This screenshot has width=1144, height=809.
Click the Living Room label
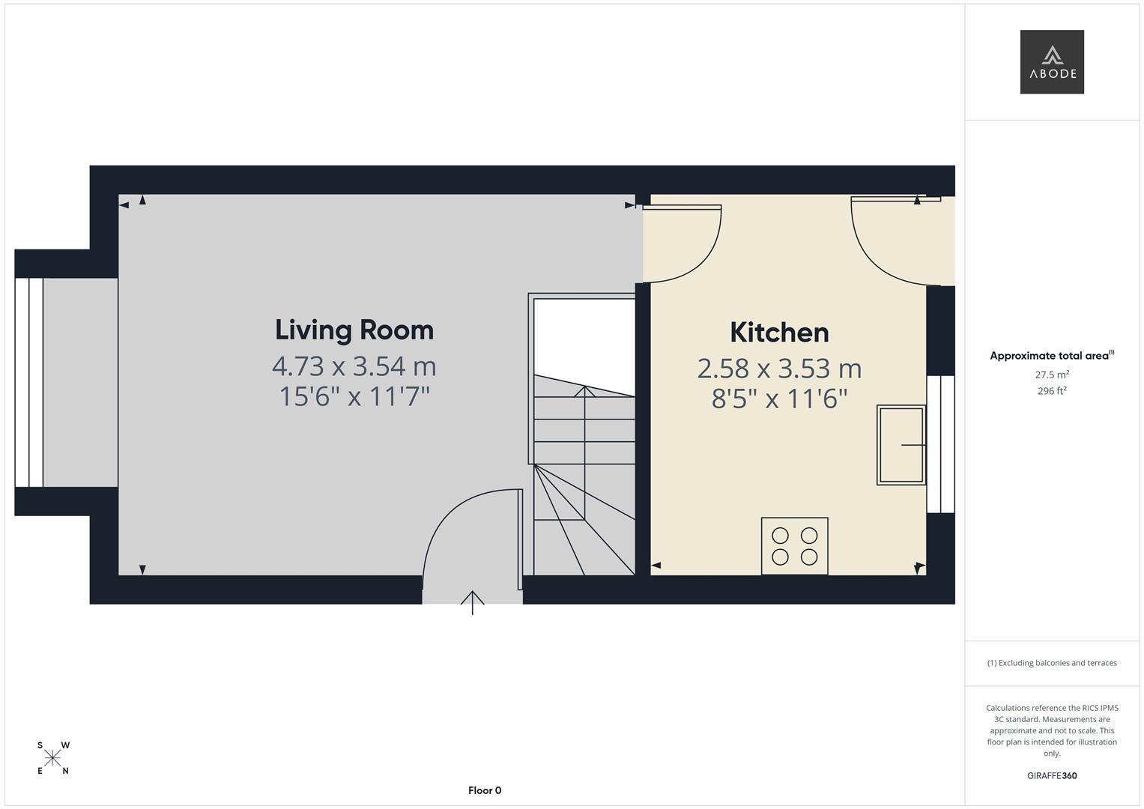click(x=354, y=330)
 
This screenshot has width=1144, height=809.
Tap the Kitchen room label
click(x=779, y=333)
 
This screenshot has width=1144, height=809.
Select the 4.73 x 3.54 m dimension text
click(x=354, y=366)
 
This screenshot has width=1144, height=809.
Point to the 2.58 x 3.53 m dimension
click(x=779, y=369)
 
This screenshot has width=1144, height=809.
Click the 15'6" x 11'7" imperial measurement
click(x=354, y=396)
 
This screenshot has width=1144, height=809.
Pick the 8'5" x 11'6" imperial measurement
click(x=779, y=399)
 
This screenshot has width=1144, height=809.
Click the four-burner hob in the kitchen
click(x=795, y=546)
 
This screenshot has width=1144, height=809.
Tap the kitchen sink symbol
click(x=901, y=445)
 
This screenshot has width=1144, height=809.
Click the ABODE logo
click(x=1052, y=61)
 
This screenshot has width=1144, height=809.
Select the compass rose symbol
click(x=52, y=758)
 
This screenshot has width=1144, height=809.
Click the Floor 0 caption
click(x=485, y=790)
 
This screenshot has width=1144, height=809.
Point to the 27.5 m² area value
click(x=1052, y=375)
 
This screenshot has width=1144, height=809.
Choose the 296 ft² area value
click(x=1052, y=391)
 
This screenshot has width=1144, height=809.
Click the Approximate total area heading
click(x=1052, y=356)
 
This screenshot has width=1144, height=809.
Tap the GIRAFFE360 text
click(x=1052, y=775)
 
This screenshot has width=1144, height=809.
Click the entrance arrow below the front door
click(x=473, y=603)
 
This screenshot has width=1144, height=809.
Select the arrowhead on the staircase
click(x=585, y=391)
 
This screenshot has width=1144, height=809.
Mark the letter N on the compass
click(x=65, y=772)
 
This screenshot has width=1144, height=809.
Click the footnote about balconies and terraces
click(x=1052, y=663)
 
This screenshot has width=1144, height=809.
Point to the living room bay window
click(x=28, y=383)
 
